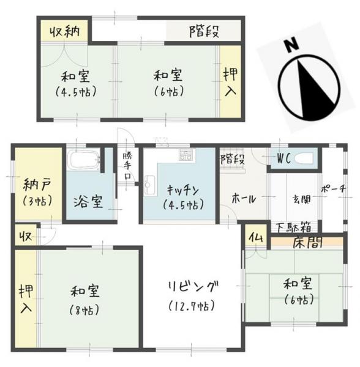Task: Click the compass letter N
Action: point(291,46)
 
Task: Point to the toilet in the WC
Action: point(303,158)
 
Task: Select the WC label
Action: point(282,158)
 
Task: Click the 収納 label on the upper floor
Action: point(64,30)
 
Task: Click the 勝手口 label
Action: point(127,165)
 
